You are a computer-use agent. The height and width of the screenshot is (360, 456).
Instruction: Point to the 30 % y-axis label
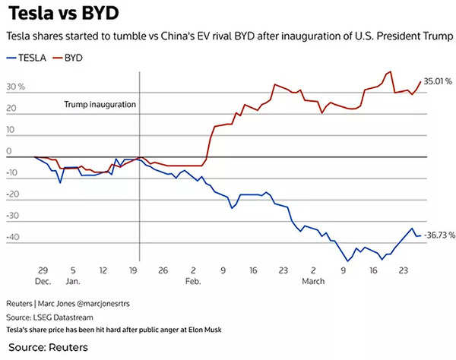(x=15, y=87)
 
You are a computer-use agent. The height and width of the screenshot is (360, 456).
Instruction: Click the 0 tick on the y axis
(x=8, y=151)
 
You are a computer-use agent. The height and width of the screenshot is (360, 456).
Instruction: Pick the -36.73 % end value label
(x=440, y=236)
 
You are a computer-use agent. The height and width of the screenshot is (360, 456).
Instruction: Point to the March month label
(x=312, y=280)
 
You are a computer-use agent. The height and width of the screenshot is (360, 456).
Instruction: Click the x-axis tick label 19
(x=132, y=269)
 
